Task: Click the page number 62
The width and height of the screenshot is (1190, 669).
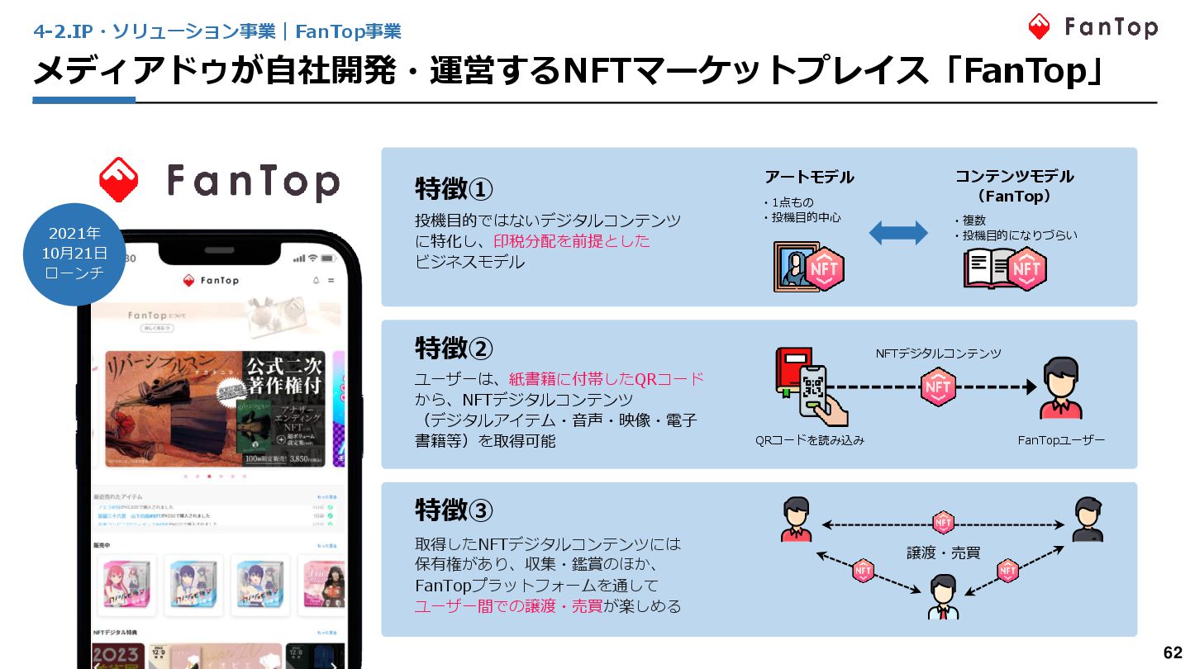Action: coord(1173,652)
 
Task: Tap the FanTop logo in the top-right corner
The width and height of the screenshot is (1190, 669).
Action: coord(1092,27)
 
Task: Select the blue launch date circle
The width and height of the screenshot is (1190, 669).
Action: coord(74,254)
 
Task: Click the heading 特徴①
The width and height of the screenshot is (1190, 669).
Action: coord(454,189)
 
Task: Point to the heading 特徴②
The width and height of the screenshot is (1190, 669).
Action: coord(454,349)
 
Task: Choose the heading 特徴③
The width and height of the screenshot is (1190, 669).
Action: coord(454,510)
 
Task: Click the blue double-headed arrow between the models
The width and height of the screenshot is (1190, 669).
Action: coord(898,233)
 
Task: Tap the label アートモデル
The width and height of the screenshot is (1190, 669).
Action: coord(809,177)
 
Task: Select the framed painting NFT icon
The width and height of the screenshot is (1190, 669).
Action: coord(808,267)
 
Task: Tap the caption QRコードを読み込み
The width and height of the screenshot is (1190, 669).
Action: coord(810,441)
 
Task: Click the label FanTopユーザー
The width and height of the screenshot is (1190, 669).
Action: coord(1061,441)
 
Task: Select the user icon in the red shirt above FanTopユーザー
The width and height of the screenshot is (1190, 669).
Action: coord(1061,388)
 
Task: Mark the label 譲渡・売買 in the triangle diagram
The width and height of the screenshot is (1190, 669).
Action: coord(943,553)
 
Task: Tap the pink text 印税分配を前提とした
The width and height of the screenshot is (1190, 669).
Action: coord(572,241)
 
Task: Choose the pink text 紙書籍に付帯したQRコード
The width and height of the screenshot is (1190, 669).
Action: coord(607,379)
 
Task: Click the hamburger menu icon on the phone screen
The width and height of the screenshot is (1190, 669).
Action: coord(331,281)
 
